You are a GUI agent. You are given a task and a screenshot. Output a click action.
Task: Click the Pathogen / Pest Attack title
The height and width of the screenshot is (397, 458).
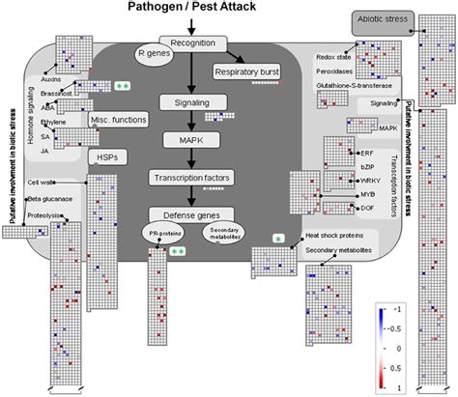coord(191,9)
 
